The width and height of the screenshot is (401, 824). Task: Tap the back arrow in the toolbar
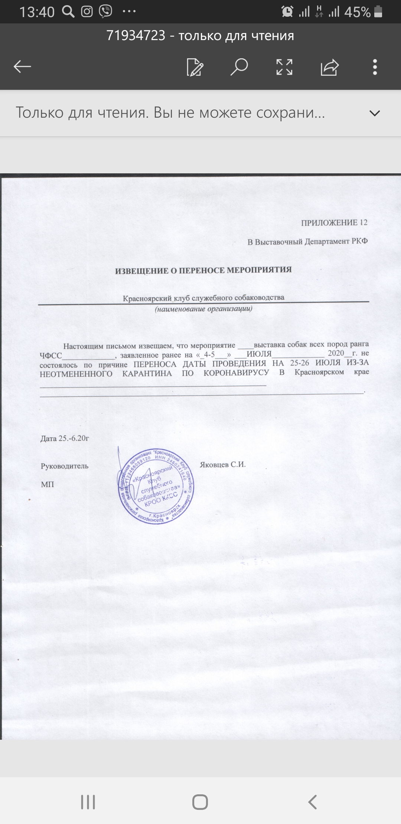(x=22, y=67)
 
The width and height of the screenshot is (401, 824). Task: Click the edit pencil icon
(x=195, y=67)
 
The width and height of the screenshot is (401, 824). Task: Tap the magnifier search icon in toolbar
(x=239, y=67)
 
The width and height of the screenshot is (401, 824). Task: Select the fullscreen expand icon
(x=284, y=67)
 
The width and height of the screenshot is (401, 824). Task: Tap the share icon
(x=329, y=67)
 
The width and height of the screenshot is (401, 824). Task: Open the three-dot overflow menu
(x=375, y=67)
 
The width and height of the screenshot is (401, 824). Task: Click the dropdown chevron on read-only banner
(x=375, y=113)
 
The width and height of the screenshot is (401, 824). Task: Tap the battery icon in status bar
(x=378, y=12)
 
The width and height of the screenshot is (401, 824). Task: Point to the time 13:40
(x=37, y=12)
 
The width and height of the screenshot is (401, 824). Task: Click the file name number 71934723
(x=136, y=36)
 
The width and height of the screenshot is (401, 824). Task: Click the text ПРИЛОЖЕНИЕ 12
(x=334, y=223)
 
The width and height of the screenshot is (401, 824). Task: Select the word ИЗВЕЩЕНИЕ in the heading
(x=141, y=271)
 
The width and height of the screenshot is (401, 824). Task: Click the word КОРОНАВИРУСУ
(x=236, y=373)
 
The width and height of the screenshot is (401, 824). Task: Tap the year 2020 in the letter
(x=336, y=353)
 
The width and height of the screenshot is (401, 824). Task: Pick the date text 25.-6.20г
(x=74, y=438)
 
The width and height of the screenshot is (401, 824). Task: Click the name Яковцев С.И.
(x=223, y=465)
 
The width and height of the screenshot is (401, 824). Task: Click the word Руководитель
(x=65, y=466)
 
